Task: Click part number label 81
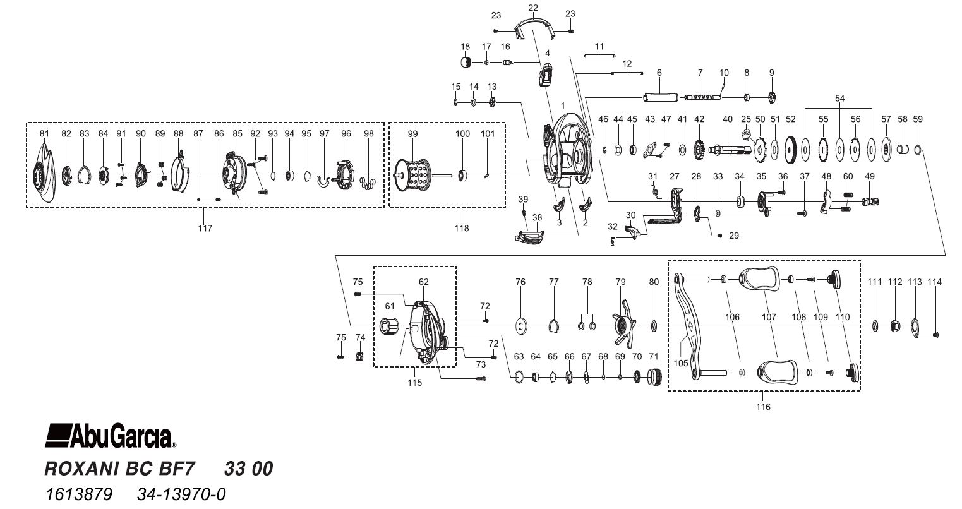click(x=44, y=134)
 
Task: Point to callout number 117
click(x=205, y=228)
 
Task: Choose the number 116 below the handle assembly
click(x=763, y=407)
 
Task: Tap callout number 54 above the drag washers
click(x=839, y=98)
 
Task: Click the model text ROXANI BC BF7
click(x=120, y=469)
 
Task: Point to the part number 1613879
click(x=78, y=493)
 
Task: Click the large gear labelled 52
click(x=790, y=150)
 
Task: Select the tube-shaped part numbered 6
click(x=659, y=98)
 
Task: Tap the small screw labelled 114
click(x=936, y=334)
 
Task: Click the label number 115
click(x=414, y=383)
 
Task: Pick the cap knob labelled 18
click(x=466, y=62)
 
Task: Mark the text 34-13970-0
click(x=181, y=493)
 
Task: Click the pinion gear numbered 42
click(x=699, y=150)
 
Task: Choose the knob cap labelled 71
click(x=654, y=378)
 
